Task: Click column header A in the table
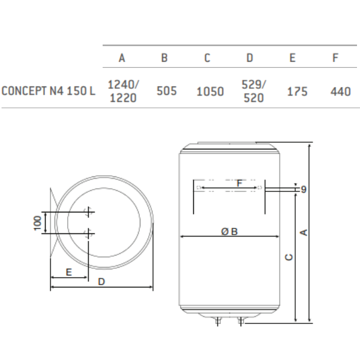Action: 122,58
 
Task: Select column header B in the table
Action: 164,58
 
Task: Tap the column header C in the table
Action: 207,58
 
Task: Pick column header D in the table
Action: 250,58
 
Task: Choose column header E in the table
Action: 292,58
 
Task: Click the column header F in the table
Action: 335,58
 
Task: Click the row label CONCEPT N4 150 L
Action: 49,92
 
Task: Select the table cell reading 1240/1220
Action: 122,91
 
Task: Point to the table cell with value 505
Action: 166,92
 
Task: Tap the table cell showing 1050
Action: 210,92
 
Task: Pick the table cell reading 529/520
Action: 253,91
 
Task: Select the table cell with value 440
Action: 340,92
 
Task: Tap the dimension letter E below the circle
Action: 69,272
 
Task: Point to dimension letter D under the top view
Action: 102,281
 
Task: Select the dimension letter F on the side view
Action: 239,183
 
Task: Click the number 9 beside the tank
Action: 304,190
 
